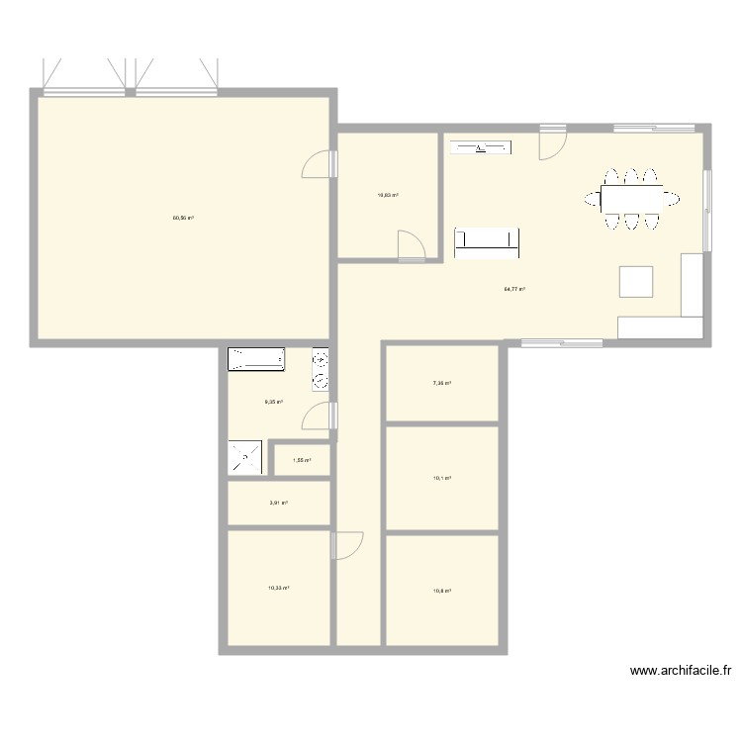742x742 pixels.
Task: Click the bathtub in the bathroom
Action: pyautogui.click(x=256, y=359)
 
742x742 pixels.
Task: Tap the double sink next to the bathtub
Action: pyautogui.click(x=321, y=369)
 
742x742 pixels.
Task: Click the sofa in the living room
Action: pyautogui.click(x=487, y=242)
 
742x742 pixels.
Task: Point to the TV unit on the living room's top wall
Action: pyautogui.click(x=482, y=148)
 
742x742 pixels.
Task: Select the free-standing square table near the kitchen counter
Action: pyautogui.click(x=636, y=282)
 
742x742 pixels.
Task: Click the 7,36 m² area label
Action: pyautogui.click(x=442, y=384)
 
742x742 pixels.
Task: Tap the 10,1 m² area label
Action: pyautogui.click(x=442, y=478)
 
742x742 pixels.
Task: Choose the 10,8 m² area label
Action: pyautogui.click(x=442, y=592)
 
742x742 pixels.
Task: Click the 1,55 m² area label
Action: pyautogui.click(x=302, y=460)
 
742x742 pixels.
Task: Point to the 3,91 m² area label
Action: pyautogui.click(x=278, y=503)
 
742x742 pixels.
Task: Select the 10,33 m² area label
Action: pyautogui.click(x=278, y=588)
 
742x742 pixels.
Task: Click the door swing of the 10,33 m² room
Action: pyautogui.click(x=349, y=545)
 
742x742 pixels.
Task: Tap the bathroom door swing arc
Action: pyautogui.click(x=319, y=417)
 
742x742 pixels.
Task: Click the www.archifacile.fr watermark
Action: pyautogui.click(x=680, y=672)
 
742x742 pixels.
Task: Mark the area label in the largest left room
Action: pyautogui.click(x=183, y=218)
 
